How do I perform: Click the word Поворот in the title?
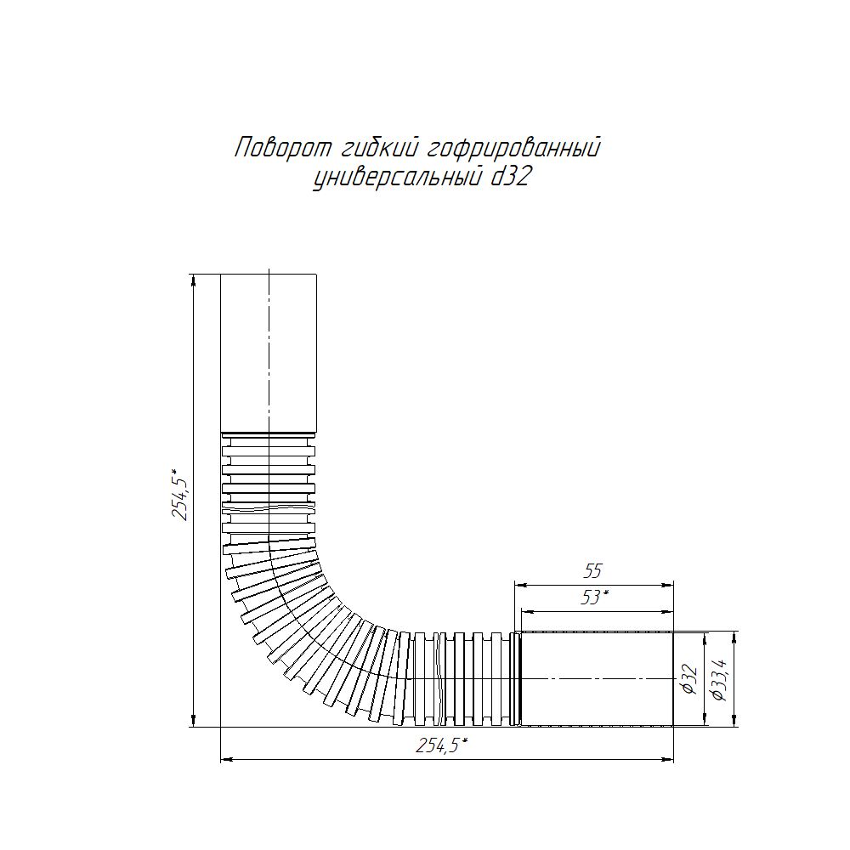point(283,147)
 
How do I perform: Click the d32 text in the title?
point(509,177)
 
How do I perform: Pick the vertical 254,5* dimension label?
point(180,493)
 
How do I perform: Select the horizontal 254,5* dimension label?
point(442,746)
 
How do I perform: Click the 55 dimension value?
point(592,571)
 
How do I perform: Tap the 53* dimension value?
point(594,597)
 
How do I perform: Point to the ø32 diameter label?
point(689,678)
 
